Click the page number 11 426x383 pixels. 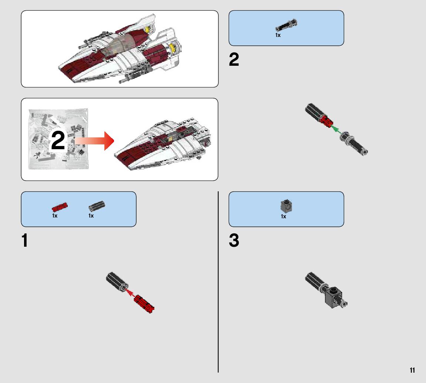coord(412,370)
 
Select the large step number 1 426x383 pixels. coord(25,241)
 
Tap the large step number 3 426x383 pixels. coord(234,241)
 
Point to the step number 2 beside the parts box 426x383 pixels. coord(234,60)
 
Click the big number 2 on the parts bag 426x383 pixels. coord(58,141)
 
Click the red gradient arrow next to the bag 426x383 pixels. coord(94,141)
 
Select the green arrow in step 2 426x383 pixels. coord(335,129)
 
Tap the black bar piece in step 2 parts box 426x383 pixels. coord(286,25)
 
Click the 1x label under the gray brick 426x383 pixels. coord(284,217)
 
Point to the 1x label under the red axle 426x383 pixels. coord(55,216)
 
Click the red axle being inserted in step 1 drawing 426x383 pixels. coord(144,304)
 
